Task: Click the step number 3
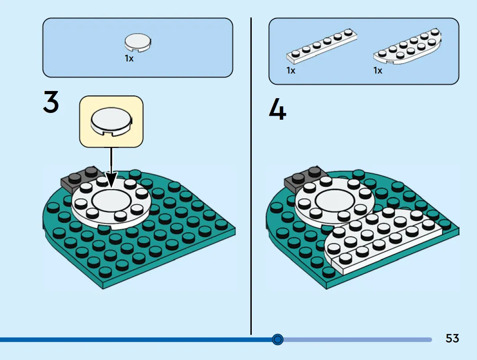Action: pyautogui.click(x=51, y=102)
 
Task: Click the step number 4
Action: pyautogui.click(x=277, y=108)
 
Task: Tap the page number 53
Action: pyautogui.click(x=452, y=338)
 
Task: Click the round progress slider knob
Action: pyautogui.click(x=277, y=339)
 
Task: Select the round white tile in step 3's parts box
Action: pyautogui.click(x=137, y=43)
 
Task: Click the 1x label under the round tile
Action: pyautogui.click(x=129, y=58)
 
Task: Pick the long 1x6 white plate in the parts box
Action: pyautogui.click(x=322, y=46)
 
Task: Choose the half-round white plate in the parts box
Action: pyautogui.click(x=407, y=46)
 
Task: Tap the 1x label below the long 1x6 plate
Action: pyautogui.click(x=291, y=70)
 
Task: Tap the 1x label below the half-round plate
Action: pyautogui.click(x=378, y=70)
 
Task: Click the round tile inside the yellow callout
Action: pyautogui.click(x=111, y=121)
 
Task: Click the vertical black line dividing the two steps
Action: pyautogui.click(x=251, y=176)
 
